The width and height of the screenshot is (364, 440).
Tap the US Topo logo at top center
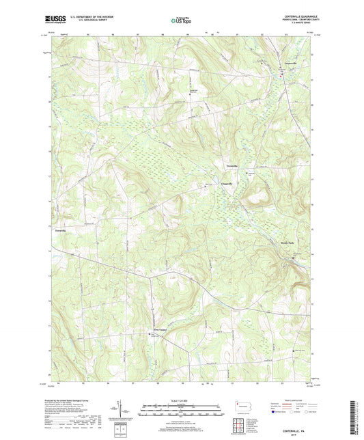pyautogui.click(x=180, y=21)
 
